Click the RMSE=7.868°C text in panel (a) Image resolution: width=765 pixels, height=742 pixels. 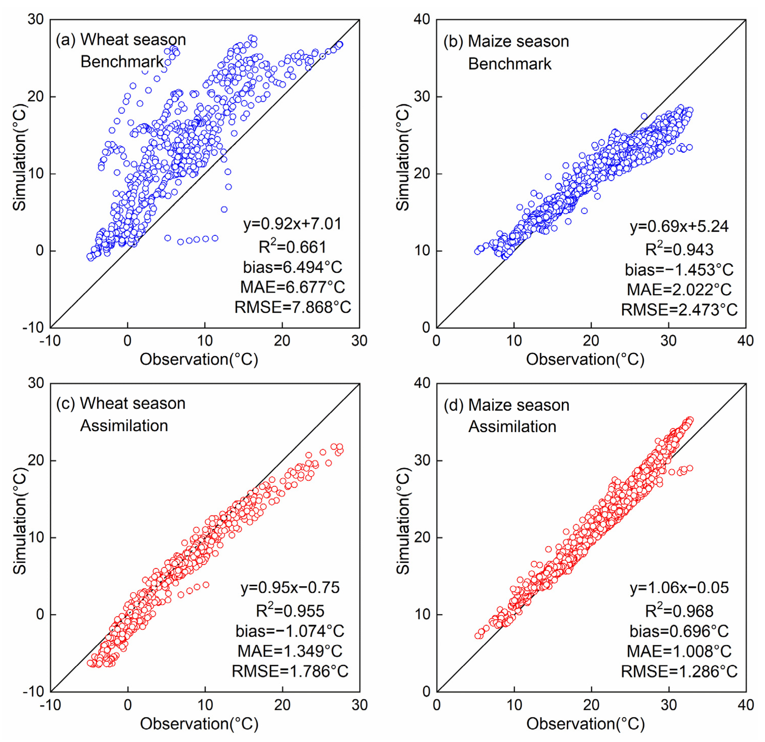(x=292, y=307)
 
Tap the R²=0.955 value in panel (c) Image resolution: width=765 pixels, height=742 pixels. (x=290, y=611)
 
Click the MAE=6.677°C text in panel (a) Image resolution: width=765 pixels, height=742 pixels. (x=292, y=287)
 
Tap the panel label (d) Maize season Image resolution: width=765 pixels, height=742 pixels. (x=506, y=405)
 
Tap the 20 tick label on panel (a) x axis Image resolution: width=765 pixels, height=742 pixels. (x=282, y=341)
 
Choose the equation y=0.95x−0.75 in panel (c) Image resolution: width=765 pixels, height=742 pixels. (x=290, y=588)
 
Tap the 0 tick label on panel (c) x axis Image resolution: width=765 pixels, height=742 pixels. (x=128, y=705)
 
